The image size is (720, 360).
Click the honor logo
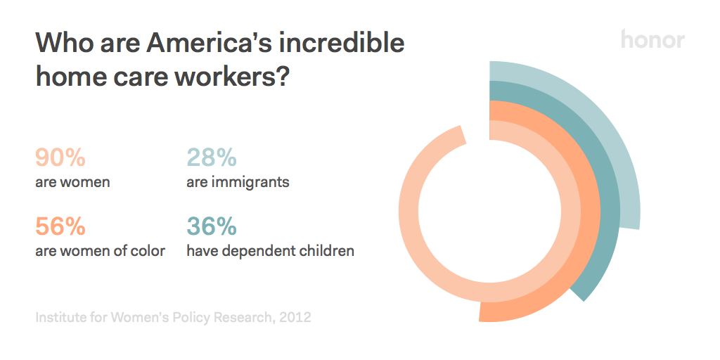(x=652, y=40)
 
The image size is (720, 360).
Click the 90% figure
(x=60, y=158)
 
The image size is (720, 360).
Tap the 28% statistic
(x=211, y=158)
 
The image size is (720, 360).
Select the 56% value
(x=60, y=226)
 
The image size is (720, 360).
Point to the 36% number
(x=211, y=226)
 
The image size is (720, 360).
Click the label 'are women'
(x=72, y=183)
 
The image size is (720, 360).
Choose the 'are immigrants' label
(x=238, y=183)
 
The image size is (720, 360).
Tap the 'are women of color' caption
(x=100, y=251)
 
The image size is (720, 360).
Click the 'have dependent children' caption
(x=270, y=251)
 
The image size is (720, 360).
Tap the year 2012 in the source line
(x=295, y=318)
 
